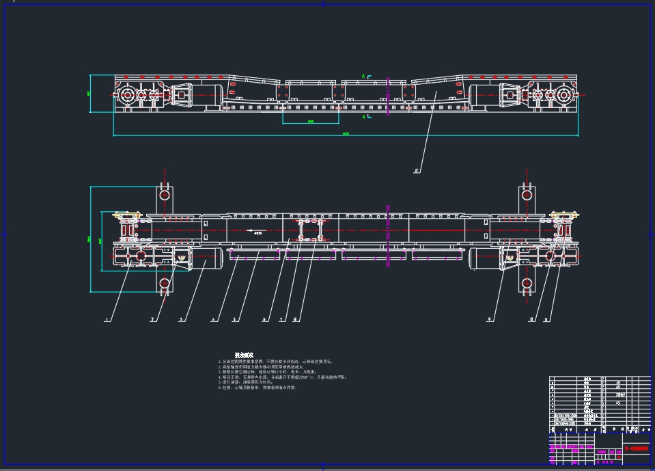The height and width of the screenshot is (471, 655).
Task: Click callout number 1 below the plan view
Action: tap(107, 320)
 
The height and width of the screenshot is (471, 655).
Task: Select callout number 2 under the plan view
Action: tap(152, 320)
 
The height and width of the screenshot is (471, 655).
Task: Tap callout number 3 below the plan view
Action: tap(181, 320)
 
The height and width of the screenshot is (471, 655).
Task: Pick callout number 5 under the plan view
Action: tap(234, 320)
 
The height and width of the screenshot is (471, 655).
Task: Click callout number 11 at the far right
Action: tap(546, 320)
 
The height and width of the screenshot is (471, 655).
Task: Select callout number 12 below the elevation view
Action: tap(416, 171)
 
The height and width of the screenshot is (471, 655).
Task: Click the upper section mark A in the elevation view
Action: tap(363, 76)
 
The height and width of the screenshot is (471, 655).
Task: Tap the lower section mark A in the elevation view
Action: tap(363, 117)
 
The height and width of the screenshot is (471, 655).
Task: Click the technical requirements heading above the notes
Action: tap(244, 355)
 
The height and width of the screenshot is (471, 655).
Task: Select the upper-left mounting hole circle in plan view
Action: tap(165, 195)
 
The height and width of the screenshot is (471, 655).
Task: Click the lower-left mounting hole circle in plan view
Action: tap(165, 283)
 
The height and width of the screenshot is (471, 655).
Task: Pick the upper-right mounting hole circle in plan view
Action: tap(527, 195)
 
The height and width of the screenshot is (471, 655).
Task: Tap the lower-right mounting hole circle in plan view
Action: tap(527, 283)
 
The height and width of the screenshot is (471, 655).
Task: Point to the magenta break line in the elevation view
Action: tap(388, 96)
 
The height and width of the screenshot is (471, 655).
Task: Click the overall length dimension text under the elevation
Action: tap(346, 134)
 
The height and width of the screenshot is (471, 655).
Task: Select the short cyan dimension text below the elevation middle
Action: tap(311, 122)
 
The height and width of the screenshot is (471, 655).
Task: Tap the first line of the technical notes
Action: tap(277, 362)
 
